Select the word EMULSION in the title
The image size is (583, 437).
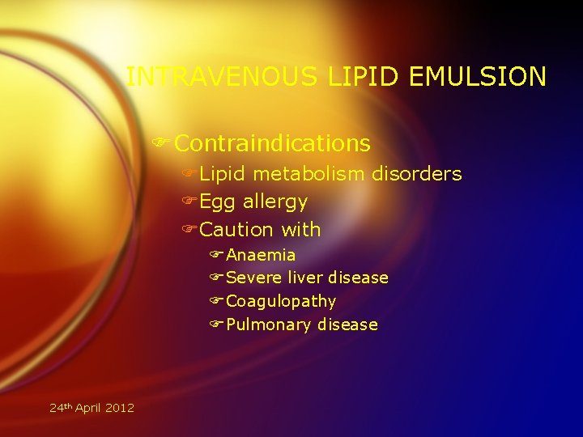point(479,77)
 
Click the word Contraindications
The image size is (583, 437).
point(272,143)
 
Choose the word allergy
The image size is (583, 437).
point(275,202)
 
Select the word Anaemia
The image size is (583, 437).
point(261,255)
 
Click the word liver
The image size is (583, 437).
point(306,278)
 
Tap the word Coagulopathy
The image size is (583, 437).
point(281,302)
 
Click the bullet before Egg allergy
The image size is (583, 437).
point(189,202)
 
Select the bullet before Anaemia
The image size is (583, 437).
point(216,255)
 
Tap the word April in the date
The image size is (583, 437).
point(90,408)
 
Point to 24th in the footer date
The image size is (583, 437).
point(60,407)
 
